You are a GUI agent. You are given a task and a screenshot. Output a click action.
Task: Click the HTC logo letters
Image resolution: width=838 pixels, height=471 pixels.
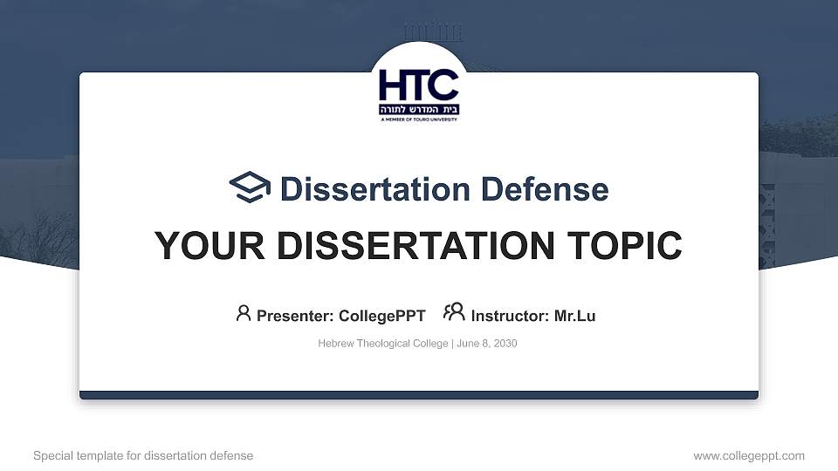click(418, 85)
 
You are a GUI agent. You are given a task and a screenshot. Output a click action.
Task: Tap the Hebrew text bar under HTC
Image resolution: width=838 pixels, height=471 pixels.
click(418, 111)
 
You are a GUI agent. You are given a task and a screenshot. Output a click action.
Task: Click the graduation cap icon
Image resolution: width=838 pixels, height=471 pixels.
click(250, 188)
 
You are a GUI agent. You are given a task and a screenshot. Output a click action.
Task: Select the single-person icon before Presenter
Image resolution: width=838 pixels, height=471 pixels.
click(244, 313)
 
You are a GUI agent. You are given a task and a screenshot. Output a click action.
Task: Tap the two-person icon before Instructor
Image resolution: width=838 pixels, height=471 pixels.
click(454, 312)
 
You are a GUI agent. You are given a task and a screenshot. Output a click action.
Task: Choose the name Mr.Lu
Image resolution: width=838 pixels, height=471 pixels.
click(574, 316)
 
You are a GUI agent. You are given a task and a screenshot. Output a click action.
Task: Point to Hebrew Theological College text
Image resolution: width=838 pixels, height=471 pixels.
click(382, 344)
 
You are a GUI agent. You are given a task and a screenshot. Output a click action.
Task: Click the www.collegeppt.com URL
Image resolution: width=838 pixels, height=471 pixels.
click(748, 455)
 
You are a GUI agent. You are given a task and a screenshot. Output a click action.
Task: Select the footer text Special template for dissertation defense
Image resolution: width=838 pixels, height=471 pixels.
click(143, 455)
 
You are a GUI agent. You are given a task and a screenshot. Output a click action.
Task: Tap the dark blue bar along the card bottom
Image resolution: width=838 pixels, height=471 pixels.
click(418, 395)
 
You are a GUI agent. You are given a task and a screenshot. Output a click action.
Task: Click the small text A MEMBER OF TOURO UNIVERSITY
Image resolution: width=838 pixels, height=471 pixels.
click(418, 120)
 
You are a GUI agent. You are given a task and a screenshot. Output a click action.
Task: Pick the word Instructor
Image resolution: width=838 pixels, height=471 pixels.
click(510, 316)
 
